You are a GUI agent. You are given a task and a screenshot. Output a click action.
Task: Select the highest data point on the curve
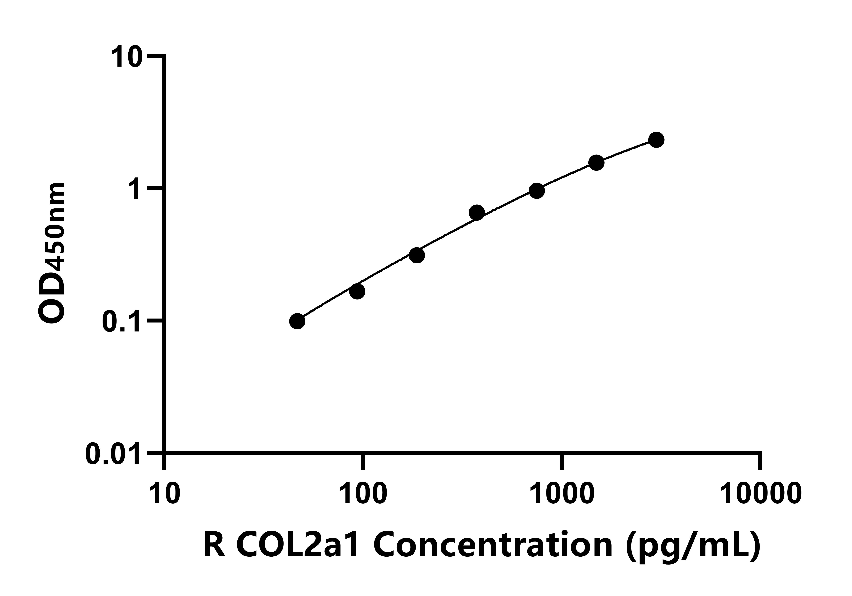coord(656,140)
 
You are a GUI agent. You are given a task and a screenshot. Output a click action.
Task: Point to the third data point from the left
coord(417,255)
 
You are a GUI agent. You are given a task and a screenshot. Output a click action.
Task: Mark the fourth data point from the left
coord(477,213)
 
